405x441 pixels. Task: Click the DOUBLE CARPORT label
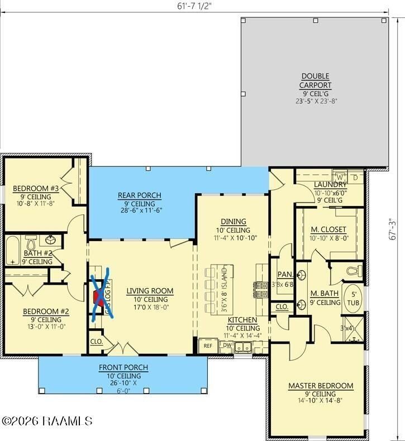pos(316,80)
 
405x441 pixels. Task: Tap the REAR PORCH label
pos(139,195)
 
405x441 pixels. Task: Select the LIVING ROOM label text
pos(150,291)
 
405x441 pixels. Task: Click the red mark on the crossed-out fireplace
pos(99,297)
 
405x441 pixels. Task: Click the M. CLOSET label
pos(328,229)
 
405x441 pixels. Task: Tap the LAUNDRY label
pos(330,185)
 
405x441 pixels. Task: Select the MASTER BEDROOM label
pos(321,386)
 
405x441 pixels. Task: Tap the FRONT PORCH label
pos(123,367)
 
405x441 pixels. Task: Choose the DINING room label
pos(233,222)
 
